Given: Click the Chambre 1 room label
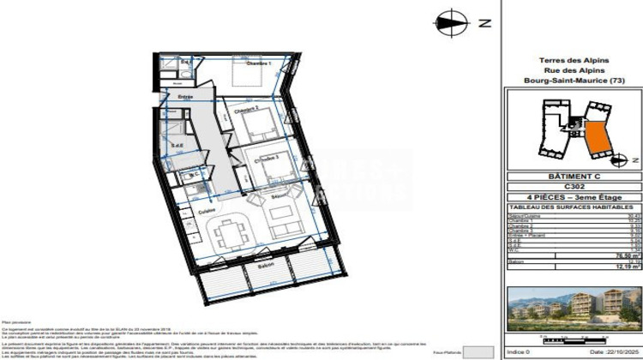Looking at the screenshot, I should (259, 63).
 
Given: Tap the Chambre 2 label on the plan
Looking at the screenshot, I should (249, 109).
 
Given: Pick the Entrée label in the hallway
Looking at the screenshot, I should (185, 97).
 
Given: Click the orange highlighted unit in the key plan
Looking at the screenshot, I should (595, 136).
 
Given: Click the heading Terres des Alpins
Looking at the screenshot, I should (574, 60).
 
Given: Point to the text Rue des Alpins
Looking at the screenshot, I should (574, 70).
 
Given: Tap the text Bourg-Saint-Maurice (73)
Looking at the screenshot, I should (574, 81).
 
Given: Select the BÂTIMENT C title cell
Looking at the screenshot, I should (573, 177).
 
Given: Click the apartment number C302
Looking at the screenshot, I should (573, 186).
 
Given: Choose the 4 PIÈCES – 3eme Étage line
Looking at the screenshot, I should (573, 196).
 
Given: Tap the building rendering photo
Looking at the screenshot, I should (573, 309).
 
